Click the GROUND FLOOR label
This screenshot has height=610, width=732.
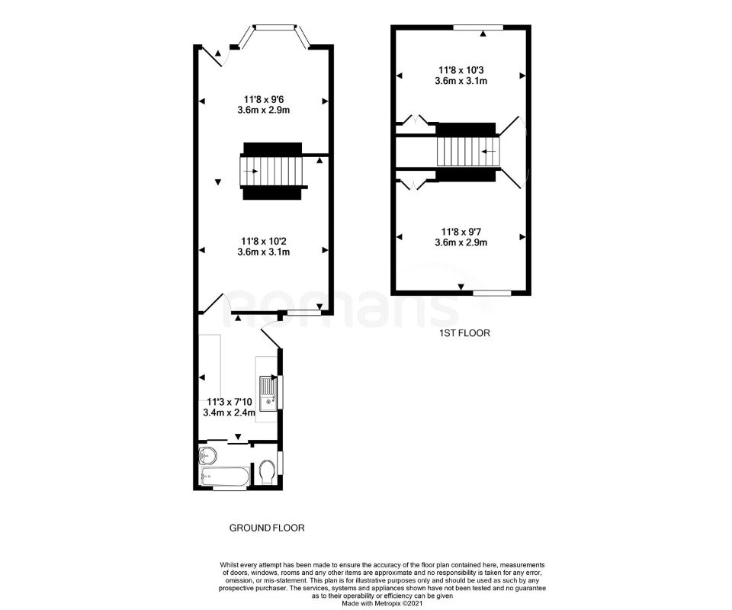point(267,527)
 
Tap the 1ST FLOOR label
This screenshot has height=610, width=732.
point(464,333)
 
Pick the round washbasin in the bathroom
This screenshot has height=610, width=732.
point(207,456)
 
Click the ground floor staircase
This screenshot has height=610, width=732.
point(273,171)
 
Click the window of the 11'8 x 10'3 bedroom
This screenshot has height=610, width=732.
point(478,27)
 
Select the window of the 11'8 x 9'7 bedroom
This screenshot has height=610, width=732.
point(492,292)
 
